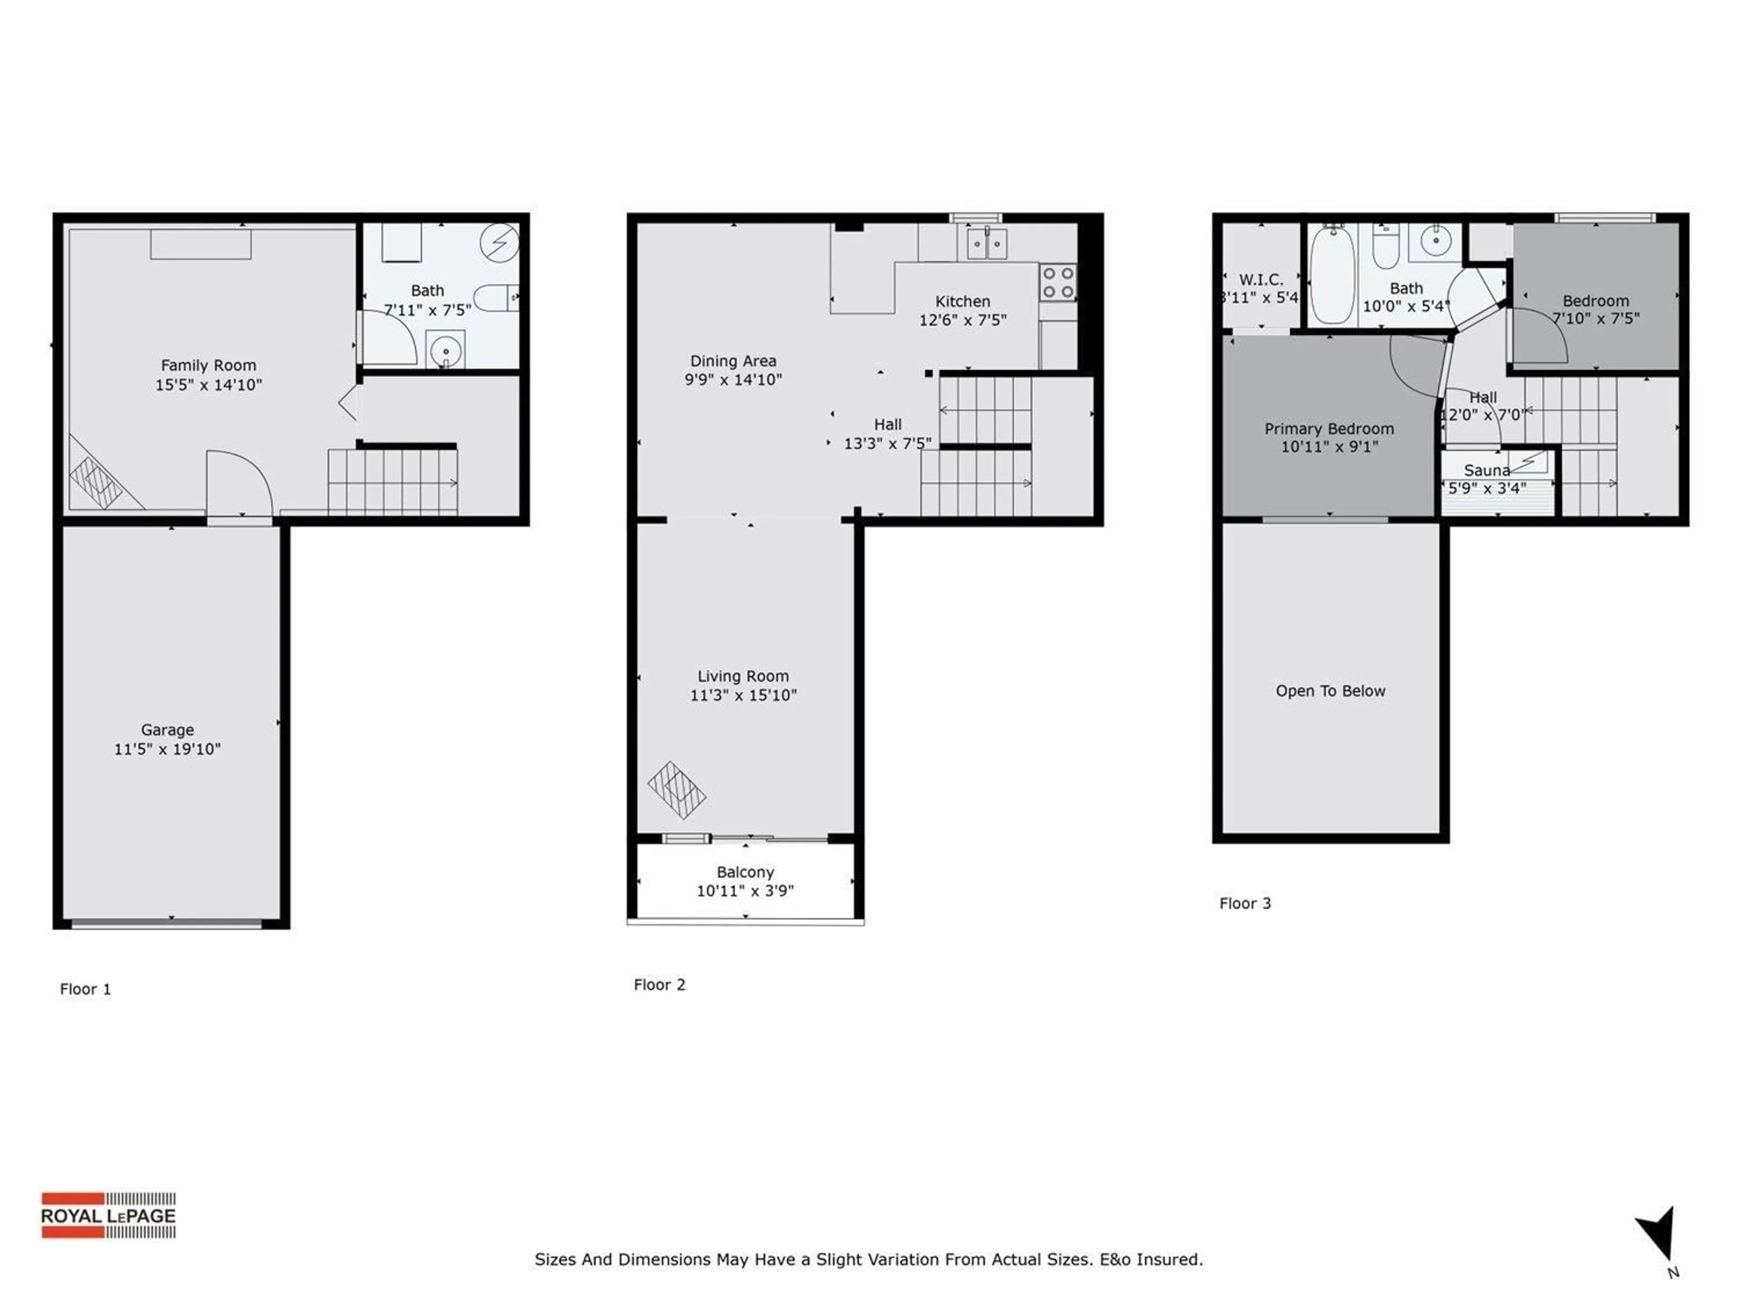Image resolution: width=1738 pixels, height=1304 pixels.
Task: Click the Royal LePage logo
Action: tap(109, 1215)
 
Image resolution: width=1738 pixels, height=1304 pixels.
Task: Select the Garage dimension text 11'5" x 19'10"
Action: tap(167, 749)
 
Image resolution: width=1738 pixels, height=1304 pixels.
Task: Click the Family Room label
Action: tap(208, 365)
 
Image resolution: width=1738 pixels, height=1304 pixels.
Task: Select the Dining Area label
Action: tap(733, 361)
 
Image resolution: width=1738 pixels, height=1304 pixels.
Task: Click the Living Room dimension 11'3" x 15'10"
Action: tap(743, 695)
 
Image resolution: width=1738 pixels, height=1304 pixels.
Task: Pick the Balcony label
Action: tap(745, 872)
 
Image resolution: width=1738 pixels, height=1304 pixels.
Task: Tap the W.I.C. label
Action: tap(1261, 279)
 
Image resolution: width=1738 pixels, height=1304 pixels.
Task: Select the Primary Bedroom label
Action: tap(1329, 428)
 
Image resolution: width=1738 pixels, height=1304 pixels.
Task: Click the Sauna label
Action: tap(1486, 470)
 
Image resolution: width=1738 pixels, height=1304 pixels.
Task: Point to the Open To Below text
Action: tap(1330, 691)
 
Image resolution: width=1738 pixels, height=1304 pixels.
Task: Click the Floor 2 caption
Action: tap(659, 985)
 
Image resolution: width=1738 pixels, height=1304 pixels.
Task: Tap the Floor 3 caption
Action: tap(1245, 903)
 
